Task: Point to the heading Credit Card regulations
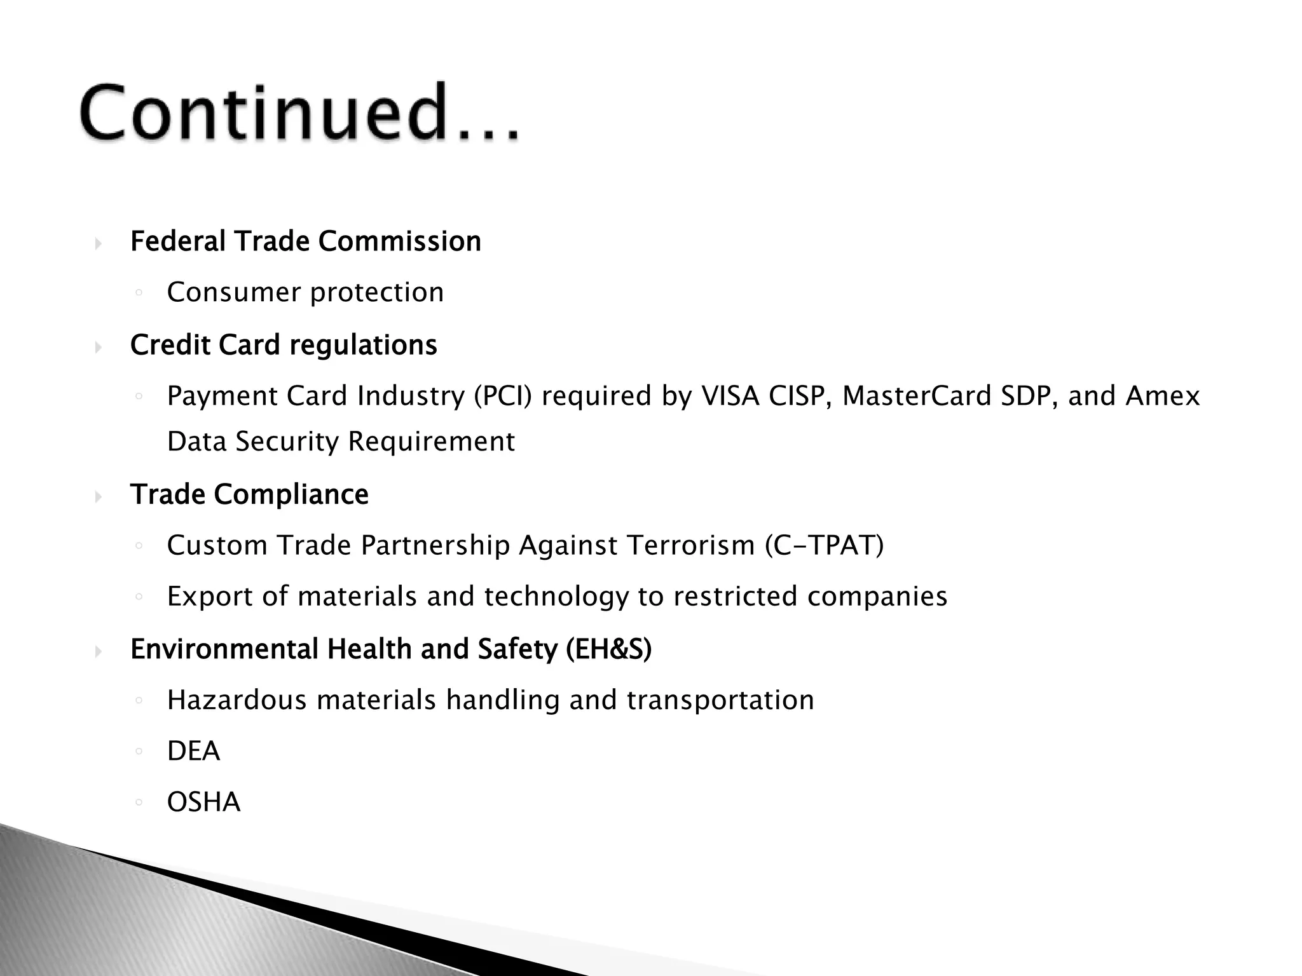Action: click(x=284, y=345)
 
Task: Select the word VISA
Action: click(x=730, y=396)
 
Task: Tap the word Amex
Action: click(x=1163, y=396)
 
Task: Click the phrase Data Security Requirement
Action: click(x=341, y=442)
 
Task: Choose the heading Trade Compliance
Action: click(x=249, y=494)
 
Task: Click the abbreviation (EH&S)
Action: click(x=608, y=649)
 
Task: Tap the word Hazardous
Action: click(x=237, y=700)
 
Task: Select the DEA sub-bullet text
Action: click(x=193, y=752)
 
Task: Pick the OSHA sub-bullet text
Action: click(x=203, y=803)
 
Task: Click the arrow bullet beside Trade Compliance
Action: click(x=98, y=496)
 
